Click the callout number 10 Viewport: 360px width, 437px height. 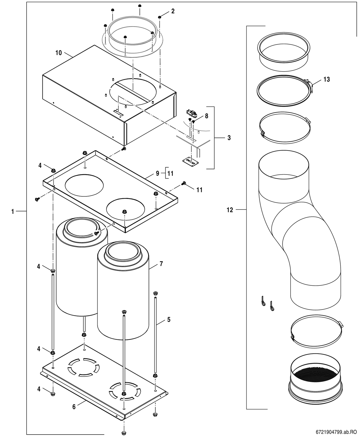[59, 53]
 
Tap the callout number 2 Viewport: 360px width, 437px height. [173, 11]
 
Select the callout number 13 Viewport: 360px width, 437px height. [327, 79]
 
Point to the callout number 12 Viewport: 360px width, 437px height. [230, 210]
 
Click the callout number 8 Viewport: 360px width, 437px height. [207, 116]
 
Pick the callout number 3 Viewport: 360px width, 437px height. [229, 138]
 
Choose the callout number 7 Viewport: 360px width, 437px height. [161, 264]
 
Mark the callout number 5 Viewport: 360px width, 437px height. [169, 320]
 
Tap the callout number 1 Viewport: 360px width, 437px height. [13, 212]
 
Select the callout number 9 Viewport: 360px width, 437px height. [158, 173]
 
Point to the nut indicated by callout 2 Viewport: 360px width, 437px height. [160, 17]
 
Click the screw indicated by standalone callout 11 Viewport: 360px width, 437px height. [183, 183]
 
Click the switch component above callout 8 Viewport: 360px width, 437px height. [192, 113]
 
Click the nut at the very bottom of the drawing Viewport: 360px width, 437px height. [124, 433]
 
